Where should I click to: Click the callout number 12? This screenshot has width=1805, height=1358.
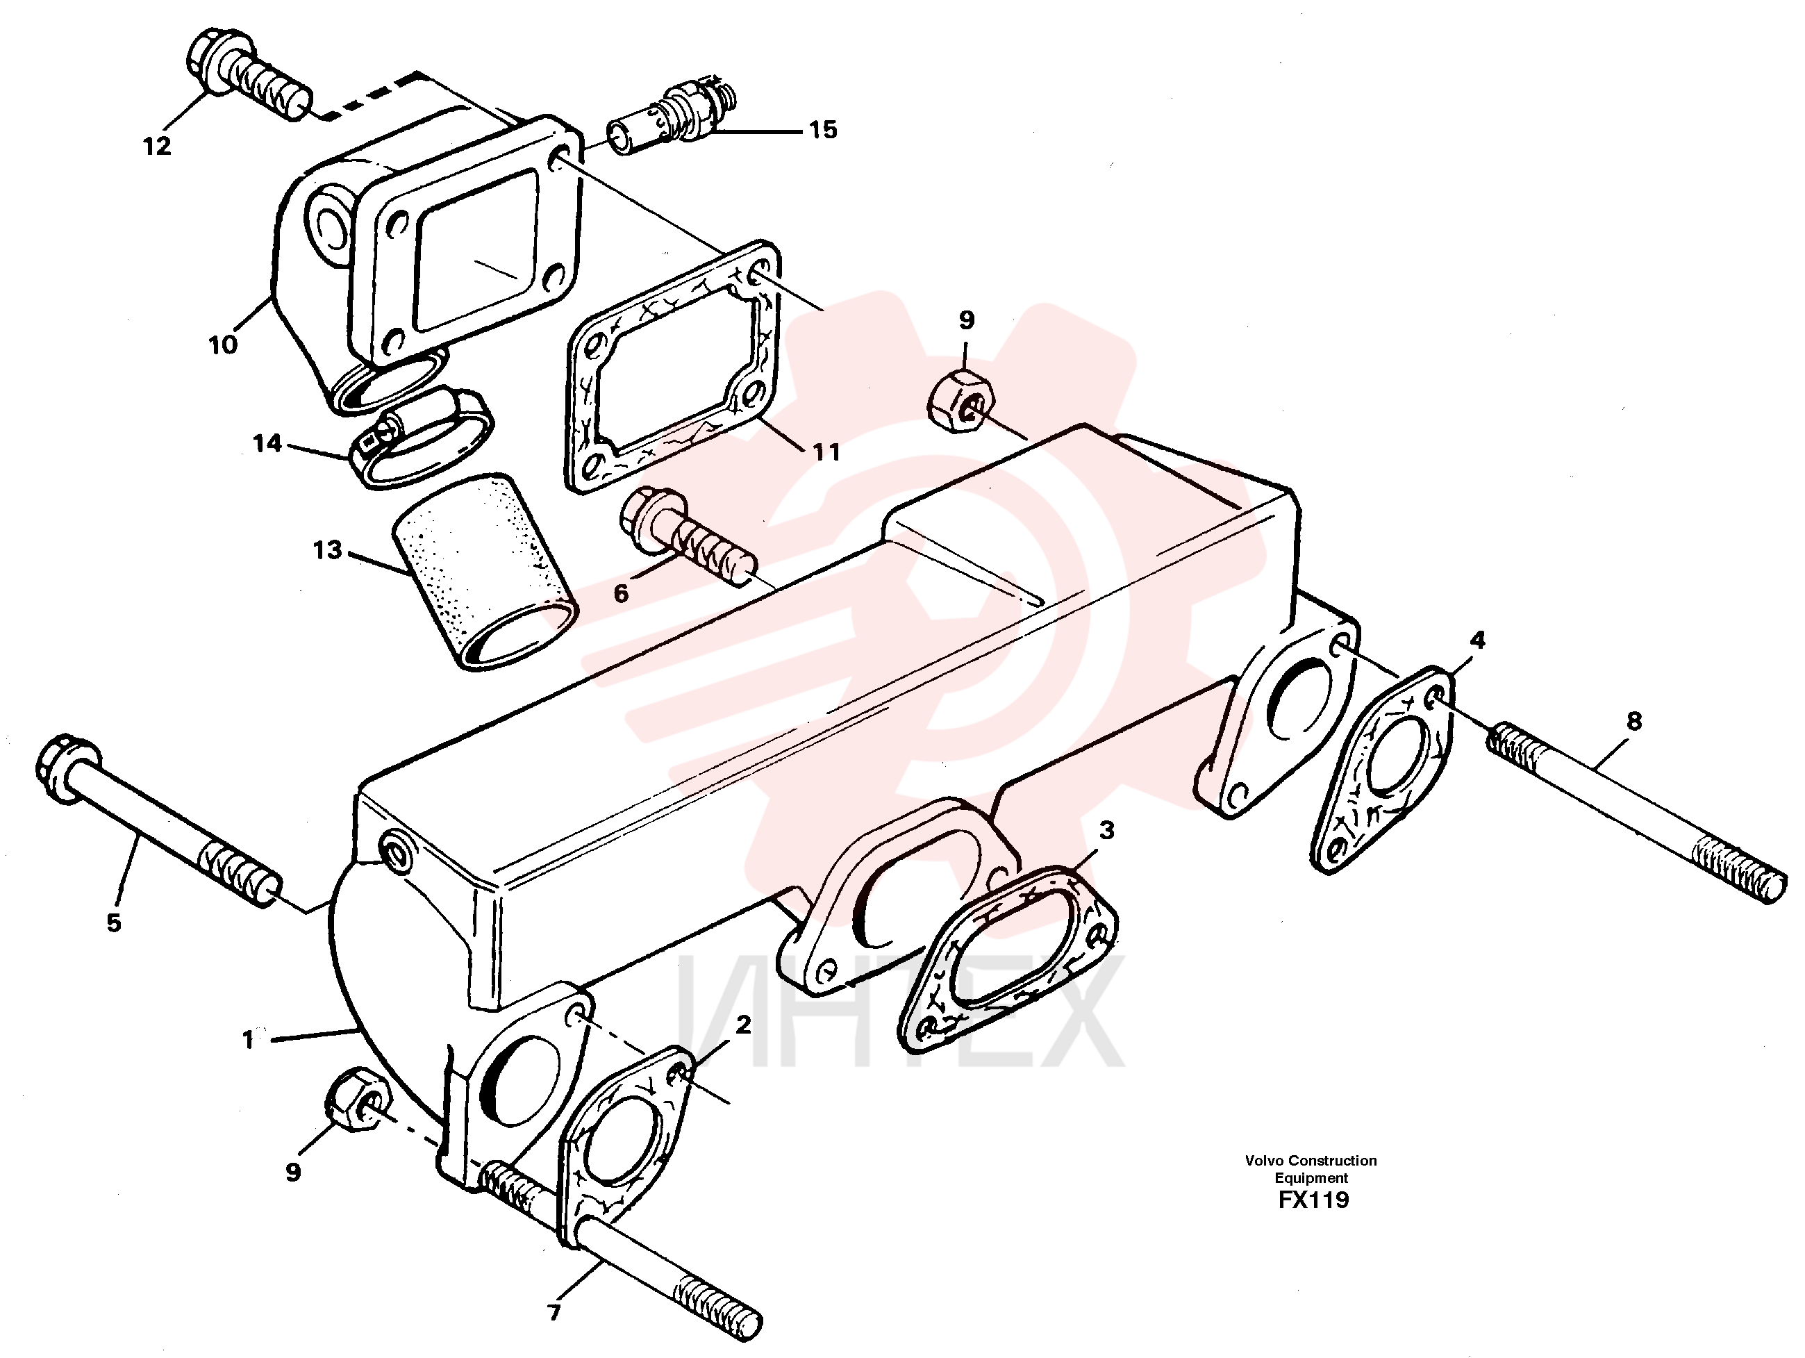[158, 147]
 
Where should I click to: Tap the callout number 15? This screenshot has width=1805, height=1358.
[822, 130]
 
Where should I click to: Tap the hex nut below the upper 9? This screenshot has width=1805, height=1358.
[961, 399]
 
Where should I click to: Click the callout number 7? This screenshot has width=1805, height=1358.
[554, 1312]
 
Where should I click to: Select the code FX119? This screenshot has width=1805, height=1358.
[1313, 1200]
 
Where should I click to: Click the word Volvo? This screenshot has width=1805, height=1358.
[1265, 1161]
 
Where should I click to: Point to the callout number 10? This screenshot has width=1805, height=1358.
[223, 345]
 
